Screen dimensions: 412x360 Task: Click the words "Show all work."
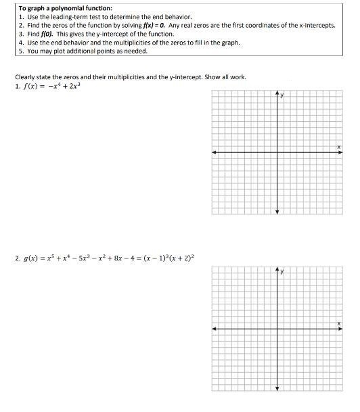(228, 76)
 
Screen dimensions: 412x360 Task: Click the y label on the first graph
(282, 95)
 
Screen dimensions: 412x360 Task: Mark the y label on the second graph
(282, 272)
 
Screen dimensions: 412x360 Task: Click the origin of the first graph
(277, 152)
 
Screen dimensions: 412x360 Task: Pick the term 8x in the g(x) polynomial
(118, 258)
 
